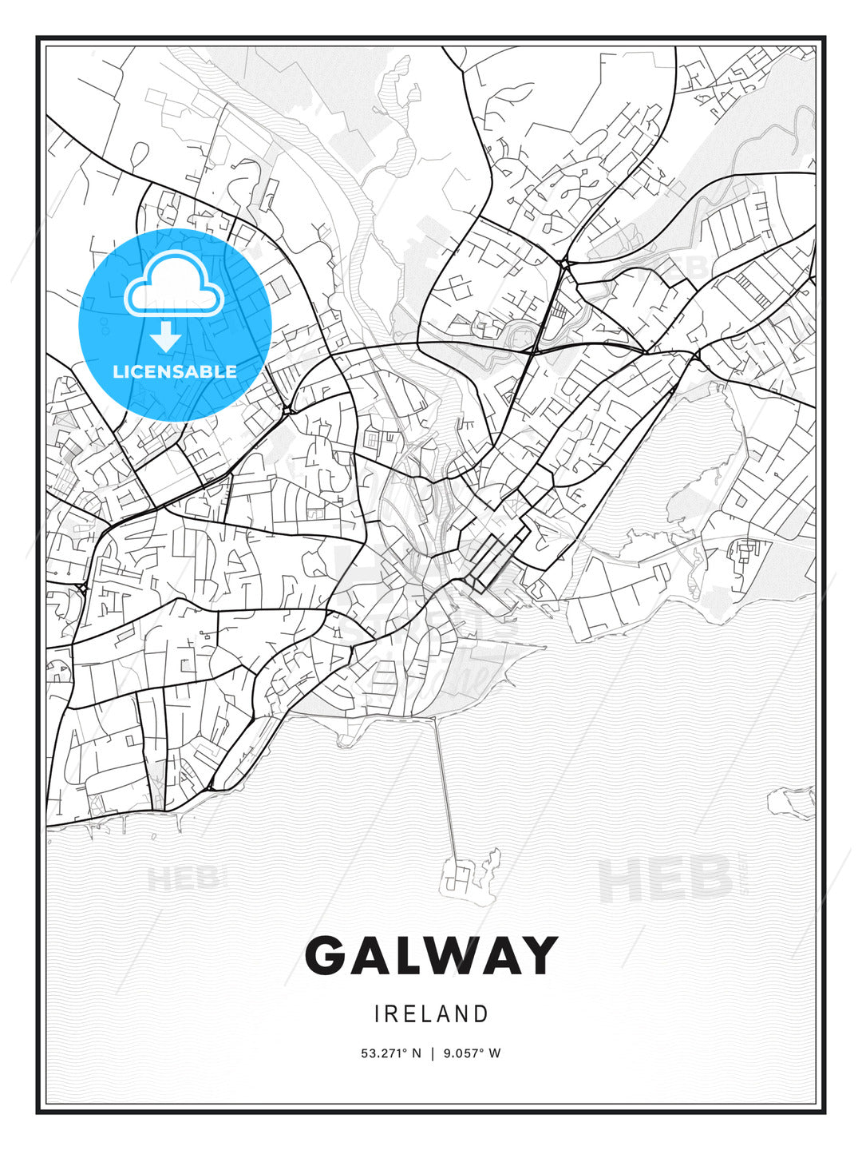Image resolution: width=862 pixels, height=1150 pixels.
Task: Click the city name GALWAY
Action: pos(431,955)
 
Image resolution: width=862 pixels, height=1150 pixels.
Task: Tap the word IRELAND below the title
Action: pos(431,1014)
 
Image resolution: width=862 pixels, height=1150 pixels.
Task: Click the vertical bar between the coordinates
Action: pos(432,1053)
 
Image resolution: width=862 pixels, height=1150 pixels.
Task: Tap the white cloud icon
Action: pos(176,284)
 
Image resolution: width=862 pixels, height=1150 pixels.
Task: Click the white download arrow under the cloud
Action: pos(167,337)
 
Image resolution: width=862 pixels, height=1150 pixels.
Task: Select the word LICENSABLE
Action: pos(175,371)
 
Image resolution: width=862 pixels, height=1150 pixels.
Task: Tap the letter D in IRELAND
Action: pos(480,1014)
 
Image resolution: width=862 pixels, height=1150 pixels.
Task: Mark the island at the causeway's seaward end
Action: pos(467,874)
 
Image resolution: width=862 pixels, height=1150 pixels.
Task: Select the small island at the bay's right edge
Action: pos(790,800)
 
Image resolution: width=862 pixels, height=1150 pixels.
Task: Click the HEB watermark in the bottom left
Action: pos(182,878)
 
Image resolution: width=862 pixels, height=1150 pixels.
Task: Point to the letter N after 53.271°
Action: pos(415,1053)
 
